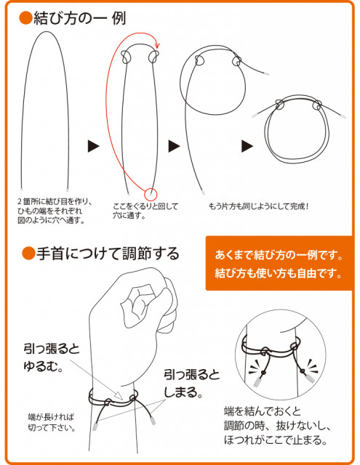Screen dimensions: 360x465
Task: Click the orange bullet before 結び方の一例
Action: (25, 18)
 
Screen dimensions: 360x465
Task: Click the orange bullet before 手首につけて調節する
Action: (28, 254)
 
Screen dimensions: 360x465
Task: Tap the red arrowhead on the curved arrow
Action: (157, 45)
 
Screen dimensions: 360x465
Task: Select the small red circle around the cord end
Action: (151, 194)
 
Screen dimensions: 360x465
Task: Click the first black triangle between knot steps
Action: (94, 146)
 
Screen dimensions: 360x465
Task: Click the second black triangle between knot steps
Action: (175, 146)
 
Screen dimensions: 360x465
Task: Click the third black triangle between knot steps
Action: (247, 146)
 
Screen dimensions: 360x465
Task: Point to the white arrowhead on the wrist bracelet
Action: (119, 396)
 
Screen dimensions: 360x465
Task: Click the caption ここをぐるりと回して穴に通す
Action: (145, 211)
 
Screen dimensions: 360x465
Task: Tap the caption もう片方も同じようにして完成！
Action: (258, 206)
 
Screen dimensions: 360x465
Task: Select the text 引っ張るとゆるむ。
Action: (52, 357)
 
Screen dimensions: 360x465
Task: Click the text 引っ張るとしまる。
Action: (192, 384)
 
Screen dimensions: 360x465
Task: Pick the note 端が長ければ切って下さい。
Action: (51, 422)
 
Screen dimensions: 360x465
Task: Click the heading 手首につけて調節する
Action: (108, 254)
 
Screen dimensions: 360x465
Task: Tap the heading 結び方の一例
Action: (80, 18)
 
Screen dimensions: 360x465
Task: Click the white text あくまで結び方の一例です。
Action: (279, 255)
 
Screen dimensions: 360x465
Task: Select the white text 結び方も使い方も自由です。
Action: (279, 273)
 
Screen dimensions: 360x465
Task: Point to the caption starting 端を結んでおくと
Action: (277, 426)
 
